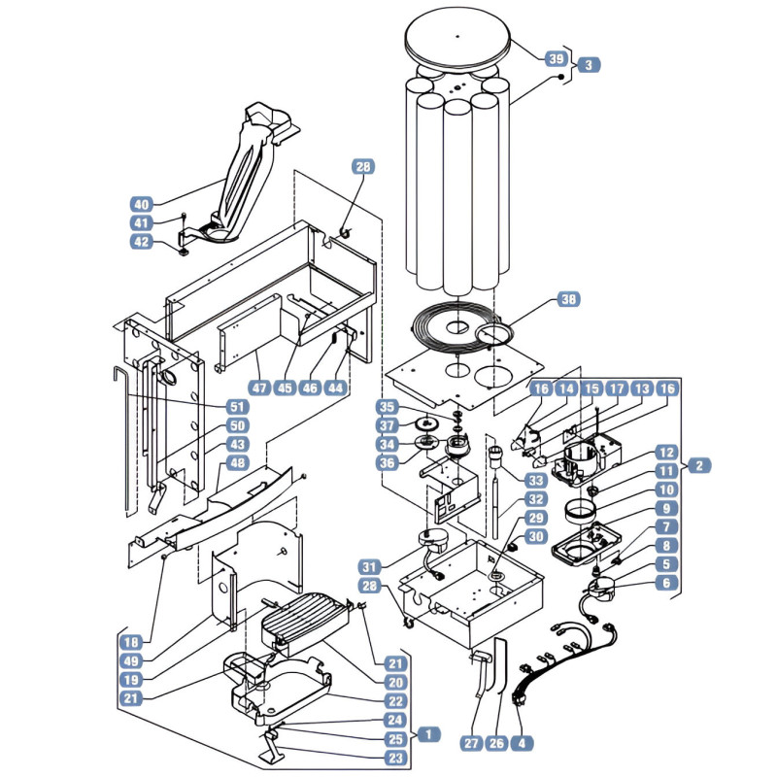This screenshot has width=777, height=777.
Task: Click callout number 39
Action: [556, 59]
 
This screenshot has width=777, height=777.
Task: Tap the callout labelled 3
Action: [589, 65]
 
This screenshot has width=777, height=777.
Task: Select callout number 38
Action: [568, 299]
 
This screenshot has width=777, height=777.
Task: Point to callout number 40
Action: [141, 204]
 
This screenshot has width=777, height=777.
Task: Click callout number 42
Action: [141, 242]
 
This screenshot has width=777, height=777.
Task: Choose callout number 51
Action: [237, 407]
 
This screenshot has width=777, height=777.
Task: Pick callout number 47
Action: [259, 388]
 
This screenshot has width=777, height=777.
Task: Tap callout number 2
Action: [699, 466]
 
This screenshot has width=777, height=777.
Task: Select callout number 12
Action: [666, 453]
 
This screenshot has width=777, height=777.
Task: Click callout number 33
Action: [537, 480]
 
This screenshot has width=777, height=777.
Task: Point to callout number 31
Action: [370, 567]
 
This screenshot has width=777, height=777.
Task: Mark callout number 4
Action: [522, 743]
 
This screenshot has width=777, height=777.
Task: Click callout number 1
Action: [428, 734]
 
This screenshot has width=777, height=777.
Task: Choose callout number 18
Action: [131, 643]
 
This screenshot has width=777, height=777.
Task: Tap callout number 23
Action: [395, 758]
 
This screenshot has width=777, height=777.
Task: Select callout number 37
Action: [387, 425]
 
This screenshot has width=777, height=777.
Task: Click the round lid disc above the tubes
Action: [457, 36]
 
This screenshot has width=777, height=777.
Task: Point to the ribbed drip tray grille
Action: [303, 615]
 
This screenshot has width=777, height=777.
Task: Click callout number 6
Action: [666, 583]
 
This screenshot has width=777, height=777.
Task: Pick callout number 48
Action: [237, 463]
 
